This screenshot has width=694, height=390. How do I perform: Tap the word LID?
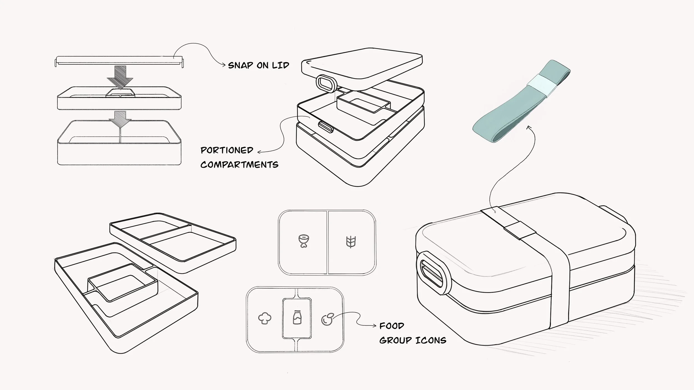[280, 65]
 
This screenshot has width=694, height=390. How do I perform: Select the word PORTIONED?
[227, 150]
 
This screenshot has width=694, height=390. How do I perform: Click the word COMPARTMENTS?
[239, 165]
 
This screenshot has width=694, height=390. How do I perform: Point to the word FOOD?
[391, 326]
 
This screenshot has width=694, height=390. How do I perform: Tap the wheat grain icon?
[351, 242]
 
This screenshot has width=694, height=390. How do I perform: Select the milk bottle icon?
[297, 317]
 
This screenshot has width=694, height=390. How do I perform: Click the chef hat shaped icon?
[265, 318]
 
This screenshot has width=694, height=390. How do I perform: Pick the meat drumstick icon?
[303, 241]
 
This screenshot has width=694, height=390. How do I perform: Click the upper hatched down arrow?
[120, 77]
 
